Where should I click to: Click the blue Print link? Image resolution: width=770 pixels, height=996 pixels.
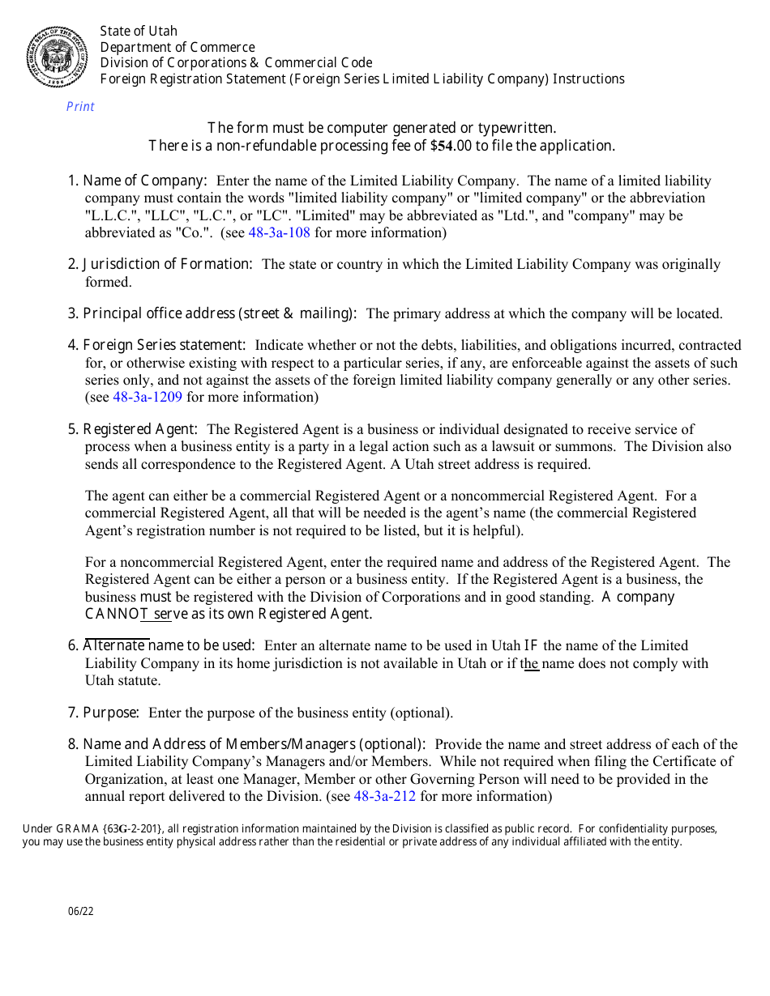(x=80, y=107)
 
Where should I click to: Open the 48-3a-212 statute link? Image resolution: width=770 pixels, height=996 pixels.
(x=385, y=797)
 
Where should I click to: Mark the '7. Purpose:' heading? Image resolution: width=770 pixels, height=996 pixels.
(x=104, y=713)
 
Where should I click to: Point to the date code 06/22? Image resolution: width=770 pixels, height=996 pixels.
(x=81, y=912)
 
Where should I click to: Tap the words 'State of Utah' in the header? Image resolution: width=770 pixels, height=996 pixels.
(x=139, y=32)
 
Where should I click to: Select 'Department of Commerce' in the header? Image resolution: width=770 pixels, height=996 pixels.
(x=178, y=48)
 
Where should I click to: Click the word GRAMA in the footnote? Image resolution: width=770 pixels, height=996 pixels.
(x=74, y=829)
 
